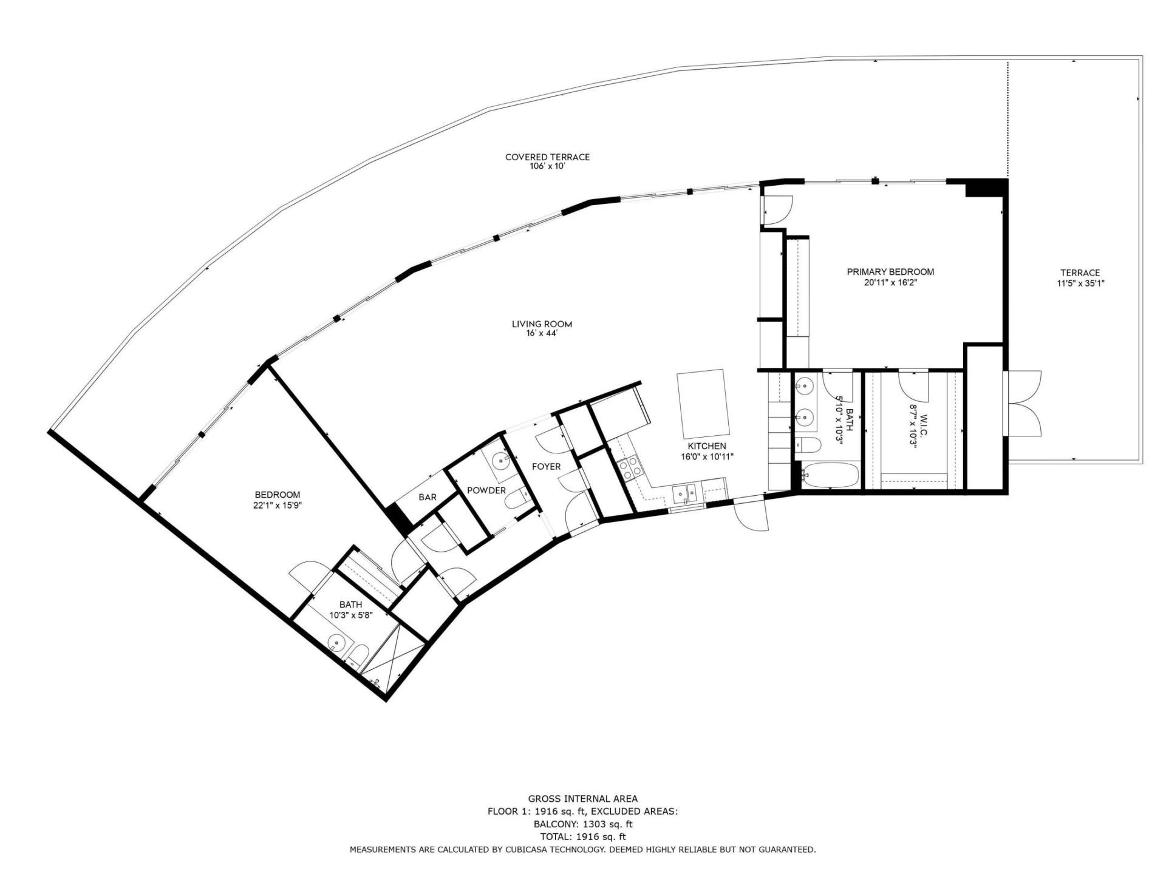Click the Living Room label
click(x=542, y=324)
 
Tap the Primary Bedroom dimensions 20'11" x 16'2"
click(x=890, y=282)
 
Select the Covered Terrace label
click(x=547, y=157)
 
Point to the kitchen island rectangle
click(x=703, y=404)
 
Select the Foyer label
click(x=546, y=466)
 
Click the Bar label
click(x=428, y=497)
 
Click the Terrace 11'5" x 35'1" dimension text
click(x=1080, y=283)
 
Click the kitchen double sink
click(x=687, y=494)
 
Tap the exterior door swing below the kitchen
click(x=750, y=515)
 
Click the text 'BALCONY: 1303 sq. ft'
click(x=582, y=824)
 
